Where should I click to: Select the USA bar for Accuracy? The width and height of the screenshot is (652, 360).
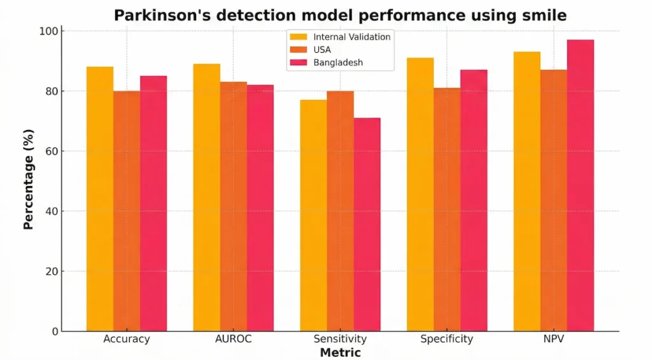coord(127,211)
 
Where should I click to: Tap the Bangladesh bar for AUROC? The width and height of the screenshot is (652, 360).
coord(260,208)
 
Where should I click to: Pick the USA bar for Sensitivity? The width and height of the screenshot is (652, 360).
coord(340,211)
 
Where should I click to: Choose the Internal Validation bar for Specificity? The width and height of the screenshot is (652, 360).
coord(420,194)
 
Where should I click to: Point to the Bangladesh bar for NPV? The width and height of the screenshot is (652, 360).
coord(580,185)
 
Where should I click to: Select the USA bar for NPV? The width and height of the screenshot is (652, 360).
coord(553,200)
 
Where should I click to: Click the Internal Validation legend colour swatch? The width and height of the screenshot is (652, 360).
coord(298,37)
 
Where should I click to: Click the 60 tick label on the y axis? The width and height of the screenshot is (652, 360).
coord(51,151)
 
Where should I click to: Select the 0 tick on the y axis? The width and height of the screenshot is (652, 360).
coord(54,331)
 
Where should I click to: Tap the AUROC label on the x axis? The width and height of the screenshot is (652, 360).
coord(233,339)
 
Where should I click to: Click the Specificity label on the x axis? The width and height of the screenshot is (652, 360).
coord(446,339)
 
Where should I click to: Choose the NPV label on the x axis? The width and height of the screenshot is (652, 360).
coord(553,339)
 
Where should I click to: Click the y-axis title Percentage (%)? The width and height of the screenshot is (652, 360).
coord(29,179)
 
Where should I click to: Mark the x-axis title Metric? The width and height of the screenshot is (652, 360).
coord(340,352)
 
